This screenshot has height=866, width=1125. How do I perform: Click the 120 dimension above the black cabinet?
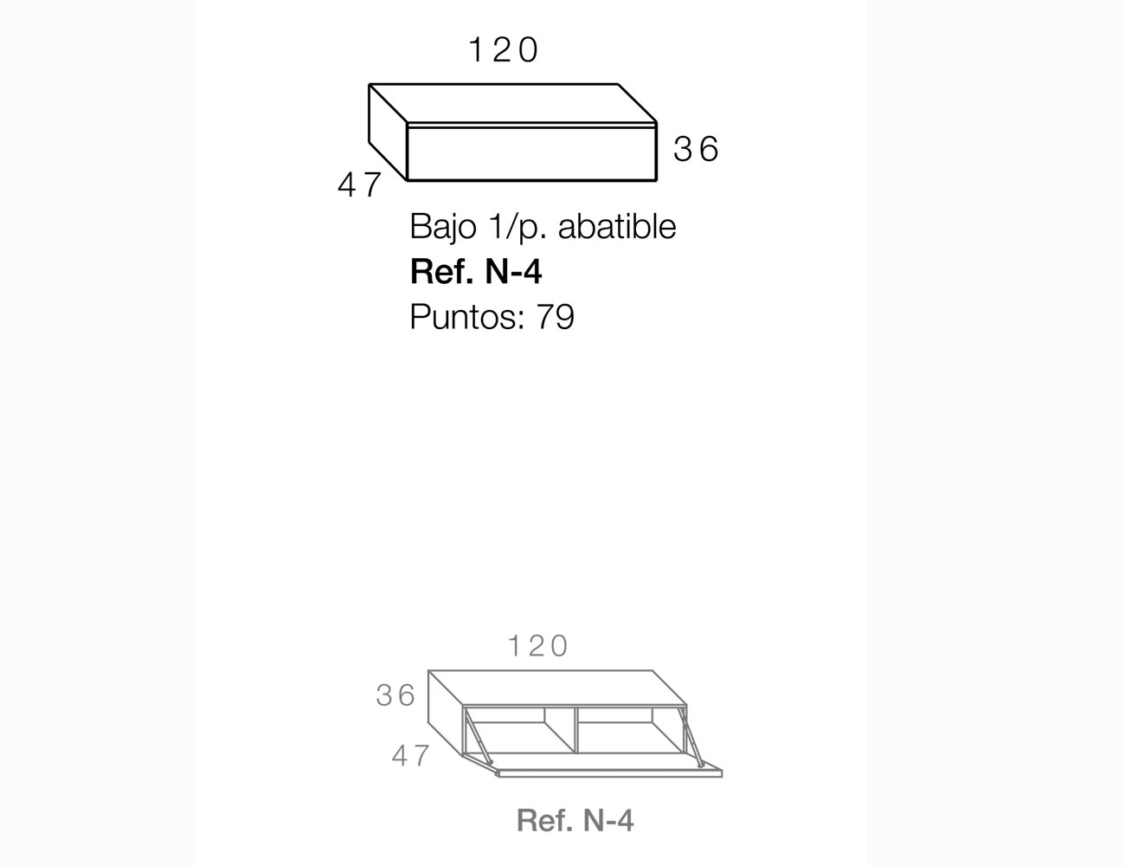point(504,50)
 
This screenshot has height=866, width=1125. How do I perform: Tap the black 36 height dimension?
point(696,149)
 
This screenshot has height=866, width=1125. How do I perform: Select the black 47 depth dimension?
point(360,185)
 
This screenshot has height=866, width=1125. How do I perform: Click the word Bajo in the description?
point(443,227)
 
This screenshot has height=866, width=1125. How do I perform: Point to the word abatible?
point(617,226)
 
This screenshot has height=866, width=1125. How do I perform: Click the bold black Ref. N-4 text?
point(476,271)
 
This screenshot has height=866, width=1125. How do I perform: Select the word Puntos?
point(463,316)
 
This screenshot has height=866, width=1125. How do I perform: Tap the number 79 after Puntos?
point(555,317)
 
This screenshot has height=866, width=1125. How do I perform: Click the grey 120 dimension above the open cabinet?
point(538,646)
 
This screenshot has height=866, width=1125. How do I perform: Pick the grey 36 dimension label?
point(395,695)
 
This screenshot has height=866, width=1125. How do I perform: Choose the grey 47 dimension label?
point(410,756)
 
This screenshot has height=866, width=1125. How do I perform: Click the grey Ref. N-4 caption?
point(575,820)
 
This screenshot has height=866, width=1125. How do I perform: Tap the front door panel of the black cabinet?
point(531,154)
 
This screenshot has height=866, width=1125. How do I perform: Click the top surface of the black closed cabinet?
point(512,103)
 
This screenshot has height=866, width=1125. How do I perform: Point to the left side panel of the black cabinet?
point(389,132)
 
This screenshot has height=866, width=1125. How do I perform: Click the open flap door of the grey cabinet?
point(601,765)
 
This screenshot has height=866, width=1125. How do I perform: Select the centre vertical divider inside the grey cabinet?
point(575,730)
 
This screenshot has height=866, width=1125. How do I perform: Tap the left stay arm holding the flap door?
point(478,736)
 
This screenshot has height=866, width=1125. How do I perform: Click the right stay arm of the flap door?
point(692,736)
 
